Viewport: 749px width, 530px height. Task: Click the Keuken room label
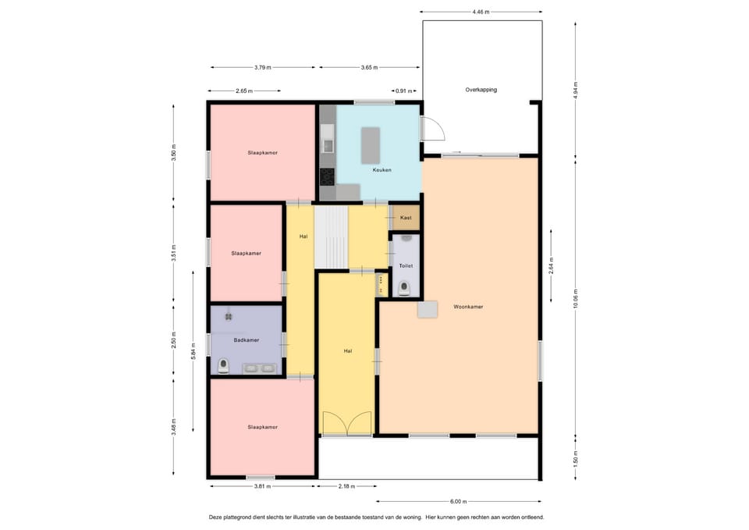tap(382, 169)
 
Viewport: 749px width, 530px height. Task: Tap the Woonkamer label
tap(468, 307)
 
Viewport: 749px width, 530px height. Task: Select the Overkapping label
tap(481, 90)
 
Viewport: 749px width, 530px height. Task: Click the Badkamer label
tap(247, 340)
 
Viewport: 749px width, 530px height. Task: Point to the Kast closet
tap(406, 218)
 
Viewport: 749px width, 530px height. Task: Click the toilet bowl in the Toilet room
tap(405, 289)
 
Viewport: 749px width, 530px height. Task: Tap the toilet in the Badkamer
tap(224, 366)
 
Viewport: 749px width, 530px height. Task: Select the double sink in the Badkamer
tap(259, 368)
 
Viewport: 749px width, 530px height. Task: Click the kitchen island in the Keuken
tap(370, 146)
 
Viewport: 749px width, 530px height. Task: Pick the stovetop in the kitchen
tap(327, 177)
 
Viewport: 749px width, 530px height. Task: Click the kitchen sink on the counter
tap(327, 139)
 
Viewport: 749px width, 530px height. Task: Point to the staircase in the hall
tap(331, 237)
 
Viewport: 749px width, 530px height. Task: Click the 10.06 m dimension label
tap(576, 299)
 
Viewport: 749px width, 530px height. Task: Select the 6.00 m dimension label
tap(458, 501)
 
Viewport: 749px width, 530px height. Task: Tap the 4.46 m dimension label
tap(481, 12)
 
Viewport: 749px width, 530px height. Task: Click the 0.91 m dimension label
tap(403, 91)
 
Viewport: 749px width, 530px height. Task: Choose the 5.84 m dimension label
tap(193, 351)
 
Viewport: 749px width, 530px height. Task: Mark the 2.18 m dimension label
tap(346, 486)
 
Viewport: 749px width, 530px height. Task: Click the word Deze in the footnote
tap(215, 517)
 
